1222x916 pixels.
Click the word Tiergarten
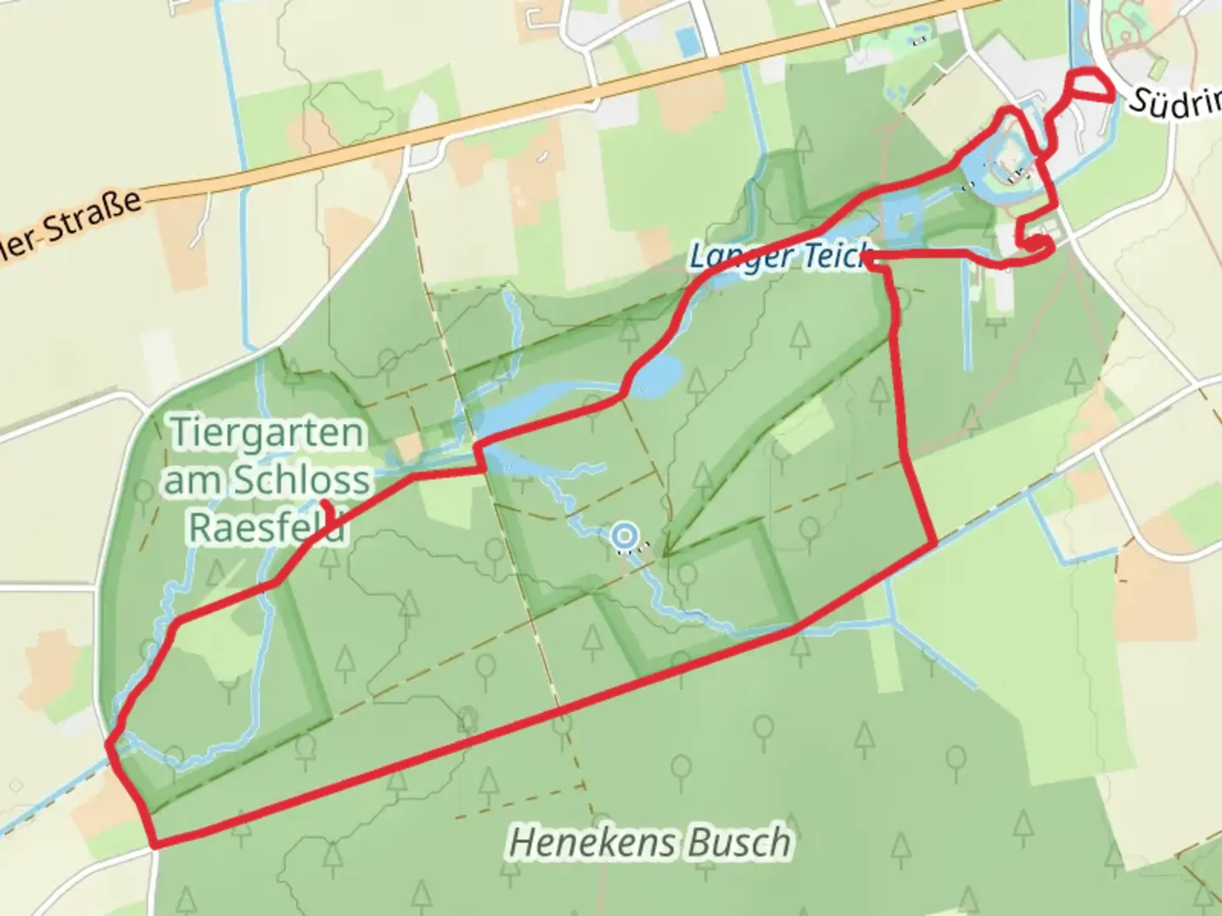pos(266,433)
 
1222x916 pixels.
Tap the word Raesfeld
pos(266,527)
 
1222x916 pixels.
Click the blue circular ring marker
pos(625,536)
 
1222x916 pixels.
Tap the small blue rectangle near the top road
pos(688,38)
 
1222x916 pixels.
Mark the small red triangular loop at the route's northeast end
pos(1089,87)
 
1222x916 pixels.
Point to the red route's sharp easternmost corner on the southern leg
pos(934,543)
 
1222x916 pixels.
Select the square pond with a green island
pos(902,221)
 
